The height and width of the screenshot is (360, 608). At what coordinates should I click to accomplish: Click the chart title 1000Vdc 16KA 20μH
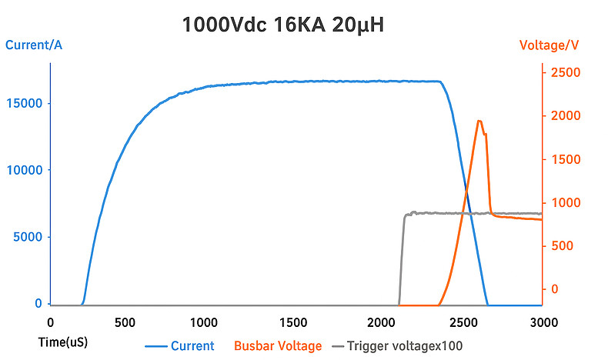point(282,25)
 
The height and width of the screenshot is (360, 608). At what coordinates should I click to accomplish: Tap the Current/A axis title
point(34,45)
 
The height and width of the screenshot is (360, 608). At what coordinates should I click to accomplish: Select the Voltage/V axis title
point(550,45)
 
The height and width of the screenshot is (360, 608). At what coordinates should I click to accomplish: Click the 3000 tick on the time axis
point(543,322)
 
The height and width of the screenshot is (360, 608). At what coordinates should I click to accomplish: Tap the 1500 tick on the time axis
point(296,322)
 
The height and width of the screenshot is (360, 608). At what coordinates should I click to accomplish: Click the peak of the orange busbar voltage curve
point(479,121)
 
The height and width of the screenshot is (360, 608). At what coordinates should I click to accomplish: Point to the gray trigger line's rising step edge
point(401,258)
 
